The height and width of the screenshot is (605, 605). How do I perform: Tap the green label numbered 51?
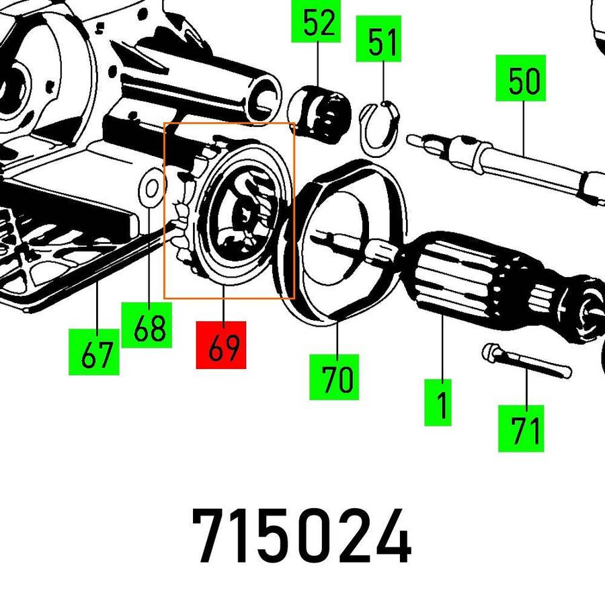[383, 42]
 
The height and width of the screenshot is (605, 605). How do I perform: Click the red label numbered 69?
[221, 345]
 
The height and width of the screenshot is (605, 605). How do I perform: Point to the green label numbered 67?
[95, 352]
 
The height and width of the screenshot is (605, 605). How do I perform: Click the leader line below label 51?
[383, 81]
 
